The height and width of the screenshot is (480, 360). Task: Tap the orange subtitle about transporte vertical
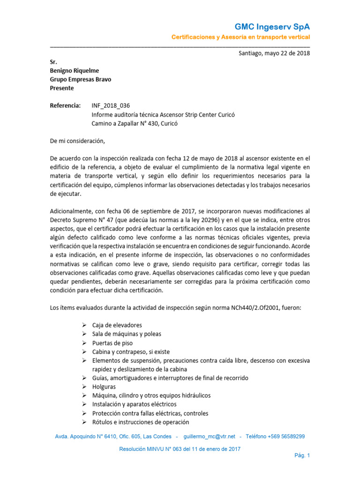coord(240,37)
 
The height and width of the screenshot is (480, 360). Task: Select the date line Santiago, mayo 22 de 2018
coord(274,53)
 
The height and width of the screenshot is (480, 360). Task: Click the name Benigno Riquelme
coord(74,71)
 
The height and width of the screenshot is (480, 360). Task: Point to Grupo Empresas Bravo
coord(80,79)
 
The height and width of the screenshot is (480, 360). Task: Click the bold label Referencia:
coord(65,105)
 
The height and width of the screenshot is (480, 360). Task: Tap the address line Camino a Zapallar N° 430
coord(135,124)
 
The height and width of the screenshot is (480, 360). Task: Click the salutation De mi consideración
coord(78,141)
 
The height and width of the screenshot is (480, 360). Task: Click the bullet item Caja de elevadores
coord(117,325)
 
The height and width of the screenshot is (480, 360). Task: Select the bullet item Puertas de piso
coord(112,343)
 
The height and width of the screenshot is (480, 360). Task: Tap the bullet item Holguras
coord(104,387)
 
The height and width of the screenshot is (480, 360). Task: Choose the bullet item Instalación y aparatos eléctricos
coord(134,404)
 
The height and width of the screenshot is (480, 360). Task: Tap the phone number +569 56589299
coord(285,436)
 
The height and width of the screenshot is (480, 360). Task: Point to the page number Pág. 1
coord(302,455)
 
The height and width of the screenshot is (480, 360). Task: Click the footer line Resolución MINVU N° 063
coord(180,449)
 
